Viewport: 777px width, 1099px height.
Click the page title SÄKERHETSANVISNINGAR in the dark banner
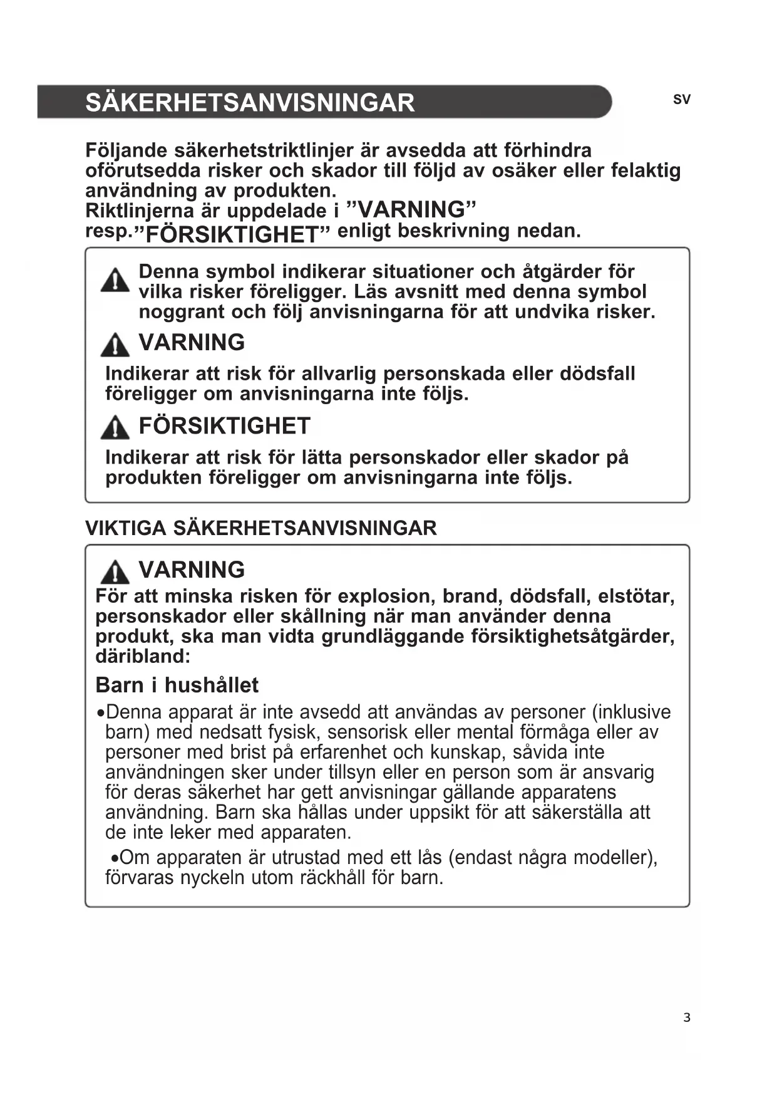click(250, 103)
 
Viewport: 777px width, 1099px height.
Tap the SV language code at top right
click(682, 100)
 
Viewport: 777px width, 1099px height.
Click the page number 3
click(687, 1018)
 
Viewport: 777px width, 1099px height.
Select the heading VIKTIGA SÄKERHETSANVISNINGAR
click(260, 528)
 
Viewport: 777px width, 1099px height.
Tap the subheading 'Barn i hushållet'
click(177, 685)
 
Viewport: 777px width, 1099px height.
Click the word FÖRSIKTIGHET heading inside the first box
click(224, 426)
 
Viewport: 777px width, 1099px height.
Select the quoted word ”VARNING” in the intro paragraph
click(411, 209)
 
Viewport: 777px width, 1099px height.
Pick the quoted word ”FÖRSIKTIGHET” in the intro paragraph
click(237, 234)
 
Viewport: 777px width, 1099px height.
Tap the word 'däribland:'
click(143, 656)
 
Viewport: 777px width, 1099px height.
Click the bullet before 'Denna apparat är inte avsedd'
click(100, 714)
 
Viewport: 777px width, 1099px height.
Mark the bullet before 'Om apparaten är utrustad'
click(114, 858)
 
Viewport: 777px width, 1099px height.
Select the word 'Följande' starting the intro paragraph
click(126, 151)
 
